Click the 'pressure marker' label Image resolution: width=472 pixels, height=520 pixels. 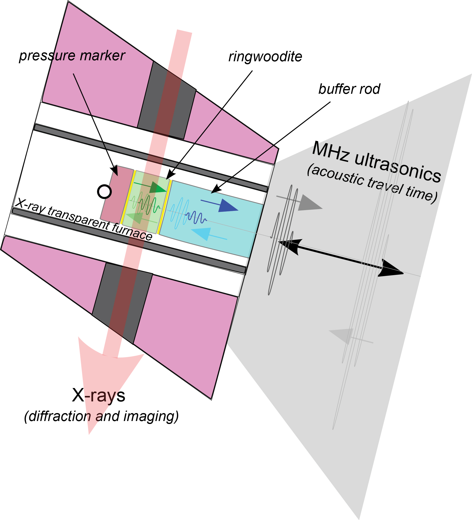click(72, 56)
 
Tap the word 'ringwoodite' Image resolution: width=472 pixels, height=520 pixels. click(265, 57)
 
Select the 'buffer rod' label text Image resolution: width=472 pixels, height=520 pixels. click(349, 89)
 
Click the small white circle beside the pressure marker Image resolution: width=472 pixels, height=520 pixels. click(104, 192)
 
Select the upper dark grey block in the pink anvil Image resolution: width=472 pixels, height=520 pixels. click(167, 100)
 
